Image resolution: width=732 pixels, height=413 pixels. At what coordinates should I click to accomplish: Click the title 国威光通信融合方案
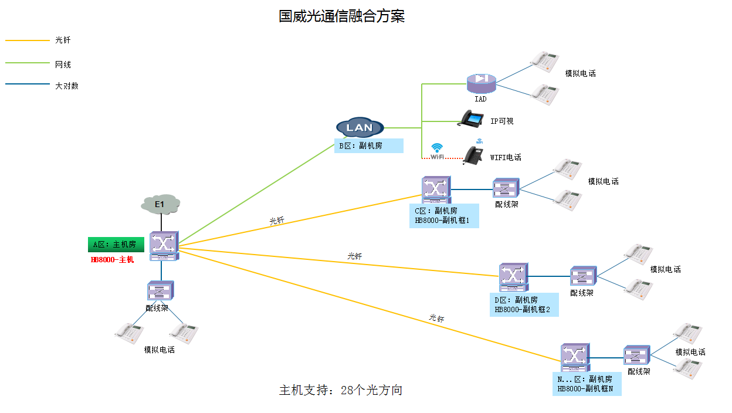pos(341,16)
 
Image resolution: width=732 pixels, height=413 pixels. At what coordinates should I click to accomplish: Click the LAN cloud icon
pos(360,127)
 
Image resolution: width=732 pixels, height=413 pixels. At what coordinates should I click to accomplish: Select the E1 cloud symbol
pos(160,204)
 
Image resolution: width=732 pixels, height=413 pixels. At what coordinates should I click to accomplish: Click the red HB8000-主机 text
pos(112,259)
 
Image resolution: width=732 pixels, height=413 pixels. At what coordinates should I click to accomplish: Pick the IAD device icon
pos(481,83)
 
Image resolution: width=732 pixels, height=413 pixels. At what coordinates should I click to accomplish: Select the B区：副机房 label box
pos(368,145)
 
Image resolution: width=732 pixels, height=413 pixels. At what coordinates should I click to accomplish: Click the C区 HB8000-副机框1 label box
pos(443,216)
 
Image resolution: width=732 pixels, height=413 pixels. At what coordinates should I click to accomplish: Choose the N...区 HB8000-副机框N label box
pos(586,384)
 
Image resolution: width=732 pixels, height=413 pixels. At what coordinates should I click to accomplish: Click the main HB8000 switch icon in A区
pos(163,245)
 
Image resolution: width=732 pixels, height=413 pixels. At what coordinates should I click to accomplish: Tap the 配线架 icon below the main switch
pos(160,291)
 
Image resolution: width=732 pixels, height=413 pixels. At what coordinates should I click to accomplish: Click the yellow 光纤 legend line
pos(28,40)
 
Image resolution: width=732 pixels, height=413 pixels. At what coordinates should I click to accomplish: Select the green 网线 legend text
pos(63,65)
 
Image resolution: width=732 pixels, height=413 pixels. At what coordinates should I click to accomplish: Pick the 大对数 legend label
pos(66,86)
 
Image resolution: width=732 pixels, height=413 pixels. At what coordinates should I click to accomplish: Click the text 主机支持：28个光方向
pos(340,390)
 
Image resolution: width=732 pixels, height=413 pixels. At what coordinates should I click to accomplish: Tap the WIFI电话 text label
pos(506,157)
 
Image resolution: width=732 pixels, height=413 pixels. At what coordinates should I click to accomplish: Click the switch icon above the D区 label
pos(513,277)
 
